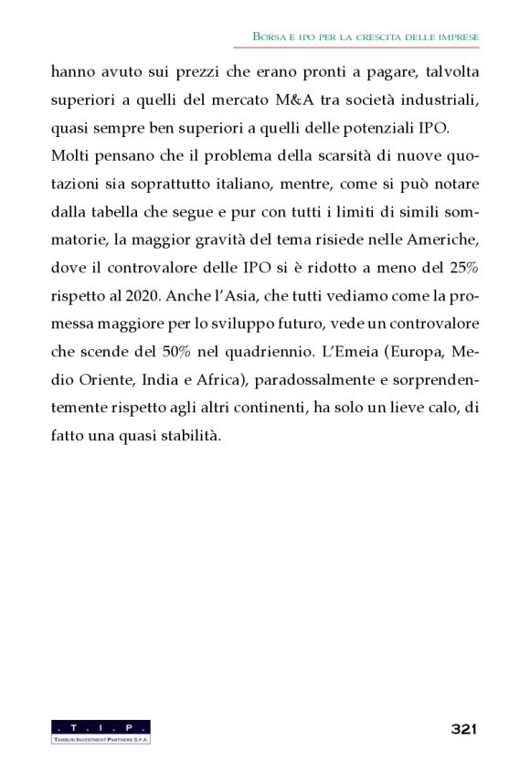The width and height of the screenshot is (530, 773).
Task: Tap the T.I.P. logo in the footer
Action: pyautogui.click(x=101, y=731)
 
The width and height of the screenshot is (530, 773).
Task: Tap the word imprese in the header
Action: pyautogui.click(x=456, y=36)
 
